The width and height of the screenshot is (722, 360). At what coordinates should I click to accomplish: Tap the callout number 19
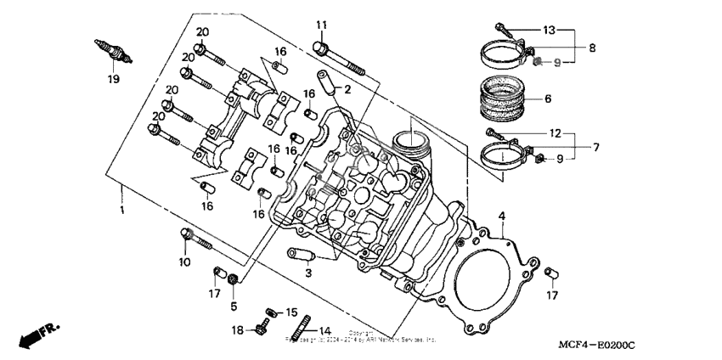[113, 80]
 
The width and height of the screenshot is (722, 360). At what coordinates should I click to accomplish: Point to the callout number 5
[234, 304]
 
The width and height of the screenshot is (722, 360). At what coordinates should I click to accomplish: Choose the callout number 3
[309, 273]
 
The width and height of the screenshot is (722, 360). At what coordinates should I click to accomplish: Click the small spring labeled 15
[272, 311]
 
